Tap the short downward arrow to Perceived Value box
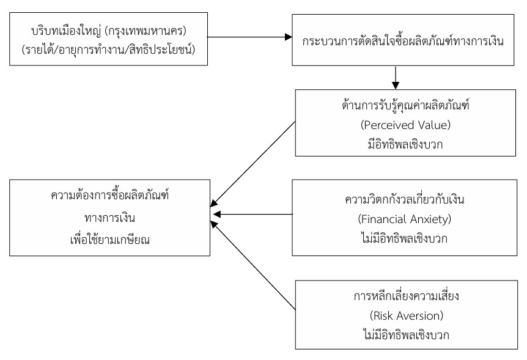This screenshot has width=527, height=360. pos(397,78)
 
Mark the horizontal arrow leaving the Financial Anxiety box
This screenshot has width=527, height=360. pos(254,215)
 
